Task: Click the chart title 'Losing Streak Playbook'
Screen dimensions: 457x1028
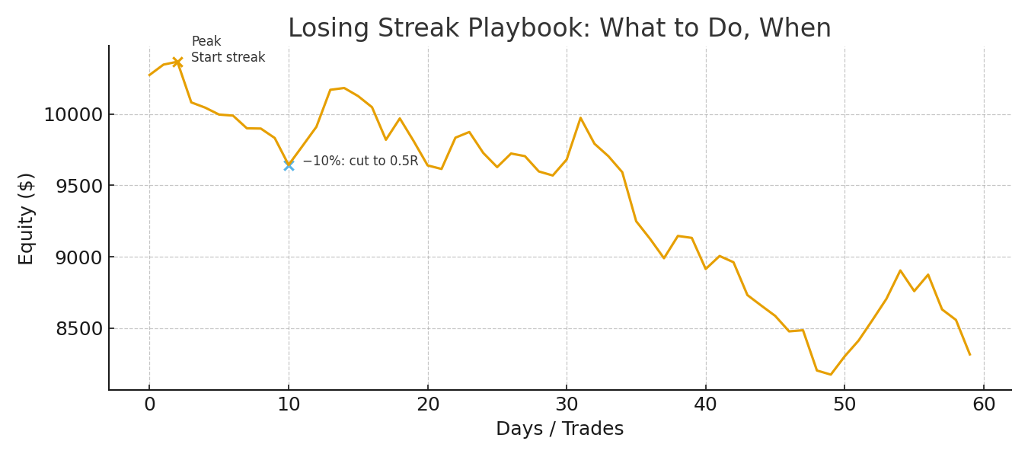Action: [559, 29]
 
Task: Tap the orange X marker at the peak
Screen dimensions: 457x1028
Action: [177, 62]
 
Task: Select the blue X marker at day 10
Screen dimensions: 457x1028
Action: [289, 165]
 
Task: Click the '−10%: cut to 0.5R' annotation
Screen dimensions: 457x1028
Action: [360, 161]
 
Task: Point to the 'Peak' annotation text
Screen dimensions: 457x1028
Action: [206, 42]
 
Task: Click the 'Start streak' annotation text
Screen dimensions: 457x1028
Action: [228, 58]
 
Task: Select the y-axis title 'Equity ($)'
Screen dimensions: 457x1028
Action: [27, 219]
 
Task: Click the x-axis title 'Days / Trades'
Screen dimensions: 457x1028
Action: [560, 429]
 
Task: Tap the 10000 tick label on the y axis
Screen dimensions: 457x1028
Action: [72, 115]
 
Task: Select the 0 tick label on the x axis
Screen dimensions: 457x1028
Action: [149, 405]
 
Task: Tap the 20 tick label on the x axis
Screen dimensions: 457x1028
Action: [428, 405]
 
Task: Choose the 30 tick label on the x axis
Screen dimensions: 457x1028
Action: [567, 405]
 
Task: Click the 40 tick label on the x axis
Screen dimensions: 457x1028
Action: [706, 405]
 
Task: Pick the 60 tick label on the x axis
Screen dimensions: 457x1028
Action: [984, 405]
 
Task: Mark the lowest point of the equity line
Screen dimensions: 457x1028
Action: [831, 374]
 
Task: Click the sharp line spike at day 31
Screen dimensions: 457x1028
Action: [580, 118]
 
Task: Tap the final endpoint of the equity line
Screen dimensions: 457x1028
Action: [969, 354]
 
